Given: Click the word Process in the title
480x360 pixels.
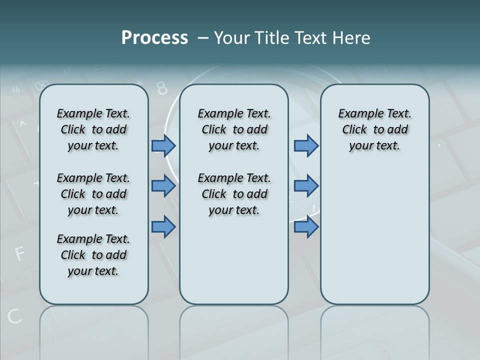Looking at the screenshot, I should tap(154, 38).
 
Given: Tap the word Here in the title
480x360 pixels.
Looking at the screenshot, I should tap(351, 38).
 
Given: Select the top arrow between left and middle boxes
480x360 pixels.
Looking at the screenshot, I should tap(163, 146).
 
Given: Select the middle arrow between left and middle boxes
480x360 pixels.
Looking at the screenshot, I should tap(163, 186).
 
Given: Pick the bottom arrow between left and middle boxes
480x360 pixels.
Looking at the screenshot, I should tap(163, 227).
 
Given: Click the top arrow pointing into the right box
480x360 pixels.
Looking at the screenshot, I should tap(306, 146).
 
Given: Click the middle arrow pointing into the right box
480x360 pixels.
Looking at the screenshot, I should tap(306, 186).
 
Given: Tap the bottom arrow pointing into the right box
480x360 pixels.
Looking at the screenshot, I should tap(306, 227).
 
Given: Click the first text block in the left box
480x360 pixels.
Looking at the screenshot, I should tap(93, 129).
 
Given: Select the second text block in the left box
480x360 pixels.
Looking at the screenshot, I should tap(93, 194).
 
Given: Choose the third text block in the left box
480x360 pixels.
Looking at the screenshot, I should tap(93, 255).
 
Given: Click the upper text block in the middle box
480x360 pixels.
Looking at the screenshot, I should tap(234, 129).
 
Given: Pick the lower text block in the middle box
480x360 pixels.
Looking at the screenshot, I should tap(234, 194).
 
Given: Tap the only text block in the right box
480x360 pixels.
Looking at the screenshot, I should tap(375, 129).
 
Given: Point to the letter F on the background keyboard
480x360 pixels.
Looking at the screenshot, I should tap(20, 254).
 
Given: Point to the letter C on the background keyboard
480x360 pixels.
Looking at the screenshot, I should tap(14, 316).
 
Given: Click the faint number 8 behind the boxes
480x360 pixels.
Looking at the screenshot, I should tap(161, 88).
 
